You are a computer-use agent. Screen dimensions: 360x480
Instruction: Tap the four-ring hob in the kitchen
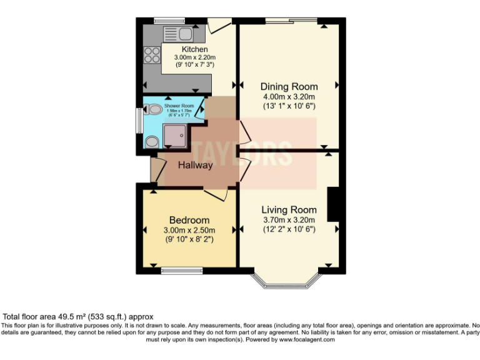[152, 56]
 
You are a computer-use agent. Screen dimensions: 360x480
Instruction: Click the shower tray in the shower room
[174, 134]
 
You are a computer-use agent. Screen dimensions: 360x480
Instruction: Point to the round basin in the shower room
[151, 142]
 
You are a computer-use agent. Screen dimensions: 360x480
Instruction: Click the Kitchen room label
[194, 49]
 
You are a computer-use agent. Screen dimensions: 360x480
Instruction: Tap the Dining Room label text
[289, 86]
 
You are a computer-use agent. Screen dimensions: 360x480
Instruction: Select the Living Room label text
[289, 209]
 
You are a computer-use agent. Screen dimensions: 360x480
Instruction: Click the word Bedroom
[189, 220]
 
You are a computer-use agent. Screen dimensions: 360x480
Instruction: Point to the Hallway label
[195, 166]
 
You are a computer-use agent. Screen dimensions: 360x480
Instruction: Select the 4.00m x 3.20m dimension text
[288, 97]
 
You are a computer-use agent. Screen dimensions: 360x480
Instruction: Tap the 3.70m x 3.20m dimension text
[288, 219]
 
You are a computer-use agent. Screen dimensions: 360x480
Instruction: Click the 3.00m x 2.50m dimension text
[189, 230]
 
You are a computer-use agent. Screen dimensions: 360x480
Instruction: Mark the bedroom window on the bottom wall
[182, 271]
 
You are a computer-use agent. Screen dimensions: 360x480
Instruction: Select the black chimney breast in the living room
[333, 204]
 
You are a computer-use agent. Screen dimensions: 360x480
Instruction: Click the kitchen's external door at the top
[219, 26]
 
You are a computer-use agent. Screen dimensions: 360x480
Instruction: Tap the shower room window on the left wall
[139, 121]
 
